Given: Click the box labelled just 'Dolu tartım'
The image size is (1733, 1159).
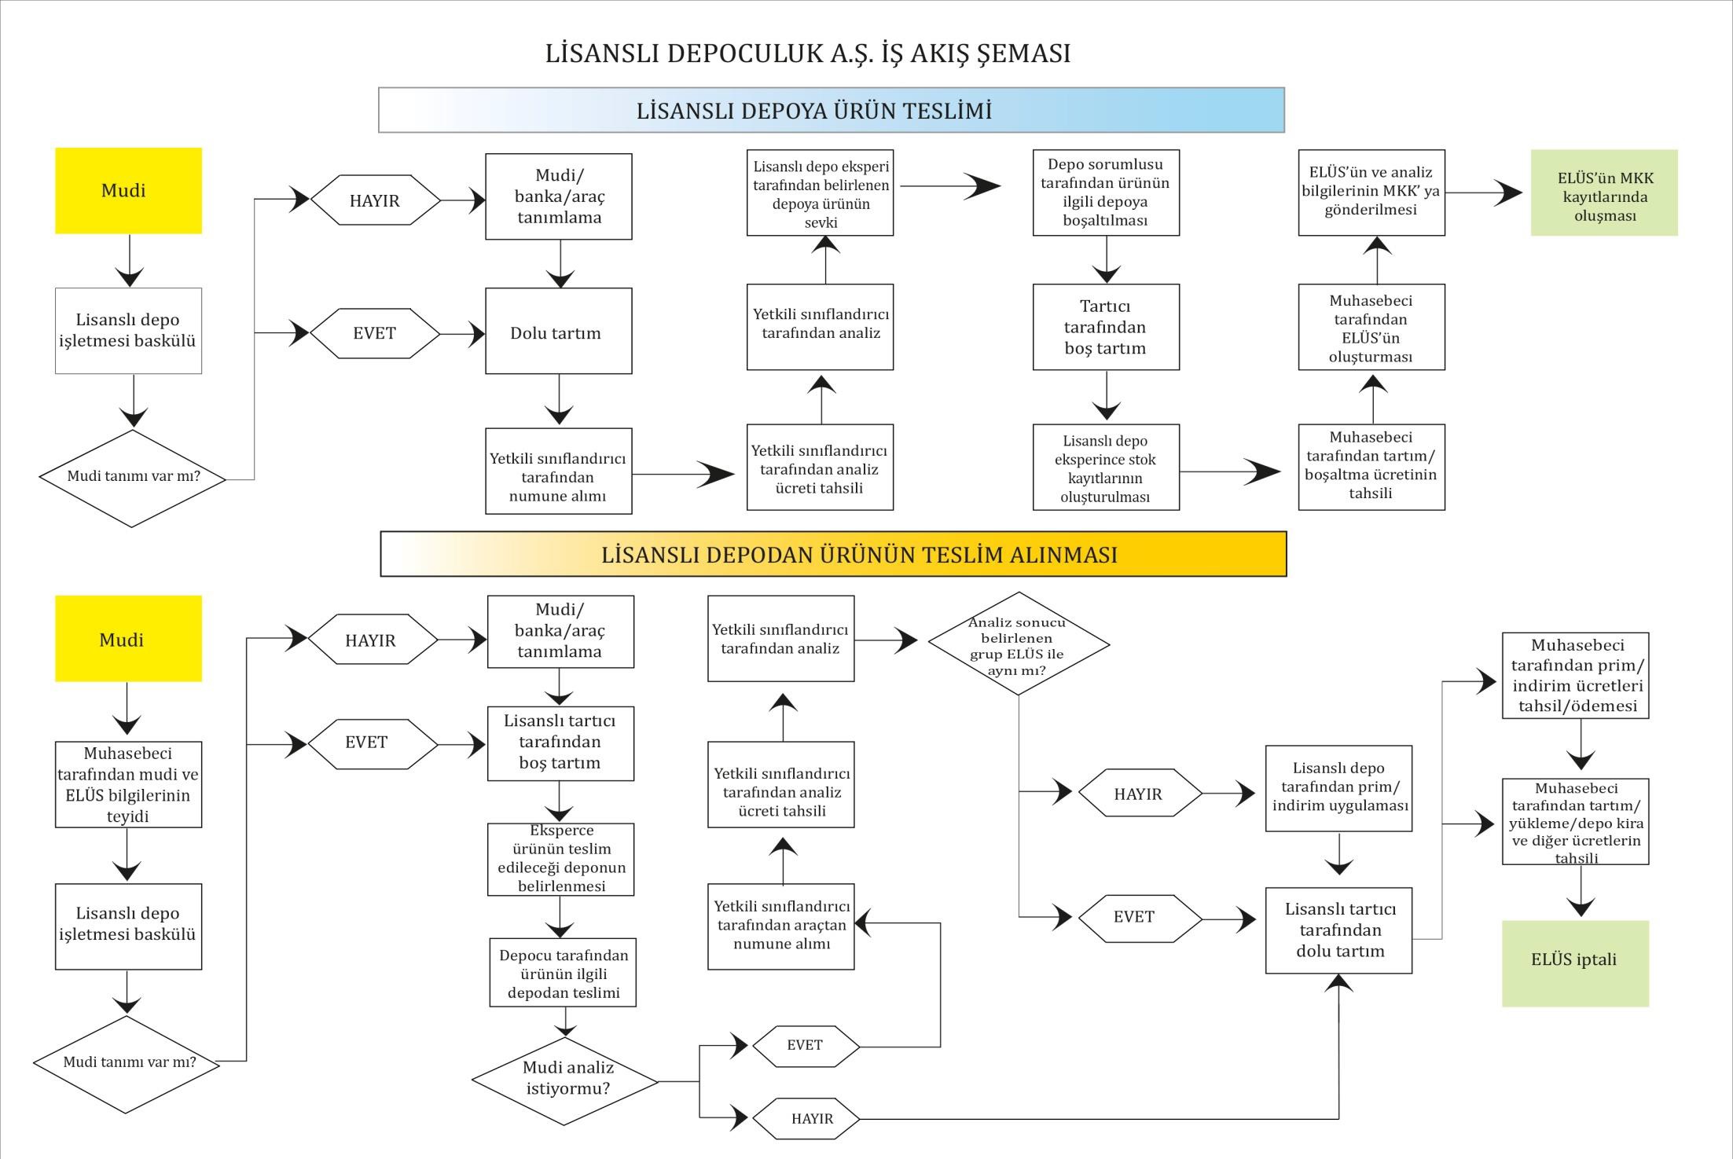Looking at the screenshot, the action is coord(558,331).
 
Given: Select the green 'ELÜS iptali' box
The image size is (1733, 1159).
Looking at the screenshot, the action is coord(1575,963).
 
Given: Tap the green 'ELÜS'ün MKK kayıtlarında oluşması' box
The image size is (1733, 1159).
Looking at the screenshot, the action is coord(1604,193).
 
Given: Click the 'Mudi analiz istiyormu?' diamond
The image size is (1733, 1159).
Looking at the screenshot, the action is coord(565,1081).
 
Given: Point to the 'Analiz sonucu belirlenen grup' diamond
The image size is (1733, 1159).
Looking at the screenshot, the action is coord(1019,644).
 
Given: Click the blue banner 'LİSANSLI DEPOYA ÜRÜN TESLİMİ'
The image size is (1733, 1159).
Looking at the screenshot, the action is coord(832,110).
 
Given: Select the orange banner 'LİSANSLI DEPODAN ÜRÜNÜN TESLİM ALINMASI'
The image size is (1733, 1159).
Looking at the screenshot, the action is coord(833,554).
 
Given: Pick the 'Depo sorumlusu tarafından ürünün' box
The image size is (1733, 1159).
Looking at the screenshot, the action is coord(1106,193).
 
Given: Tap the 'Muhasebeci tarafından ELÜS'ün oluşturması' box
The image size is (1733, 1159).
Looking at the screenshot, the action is coord(1371,327).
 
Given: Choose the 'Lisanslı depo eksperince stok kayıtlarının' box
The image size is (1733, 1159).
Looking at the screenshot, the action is coord(1106,468).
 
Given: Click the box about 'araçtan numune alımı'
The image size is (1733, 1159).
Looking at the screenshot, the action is coord(781,926).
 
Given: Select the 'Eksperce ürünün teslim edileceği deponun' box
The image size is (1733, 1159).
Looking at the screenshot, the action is coord(560,860).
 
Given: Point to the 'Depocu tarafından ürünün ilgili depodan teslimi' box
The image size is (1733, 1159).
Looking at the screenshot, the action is coord(563,973).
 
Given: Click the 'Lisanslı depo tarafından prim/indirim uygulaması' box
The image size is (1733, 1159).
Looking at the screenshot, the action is coord(1338,788).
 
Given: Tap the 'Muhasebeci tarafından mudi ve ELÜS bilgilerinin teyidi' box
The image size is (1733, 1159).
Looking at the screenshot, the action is coord(128,784).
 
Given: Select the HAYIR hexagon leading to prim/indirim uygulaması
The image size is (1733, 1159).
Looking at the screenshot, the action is coord(1140,794).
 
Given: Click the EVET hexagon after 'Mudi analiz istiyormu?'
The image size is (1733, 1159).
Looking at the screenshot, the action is coord(806,1046).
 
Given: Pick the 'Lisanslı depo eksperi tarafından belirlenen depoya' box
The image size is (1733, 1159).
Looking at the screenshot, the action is coord(820,193).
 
